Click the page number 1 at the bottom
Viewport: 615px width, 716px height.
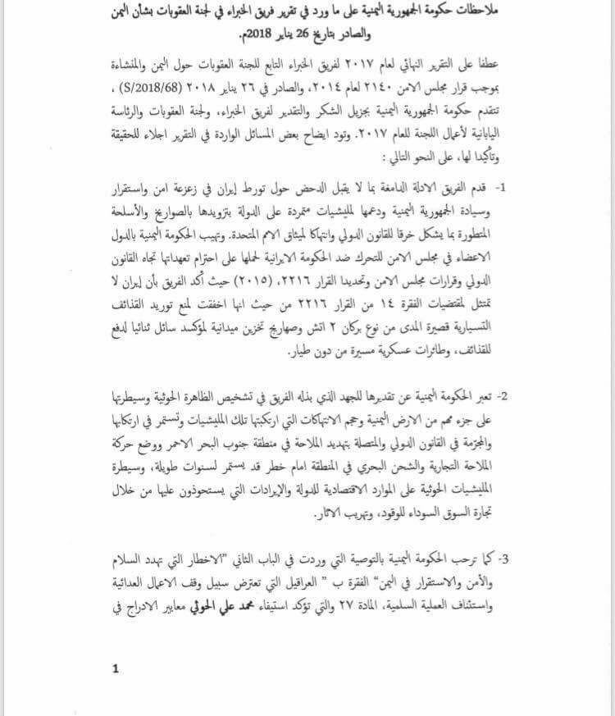(x=116, y=668)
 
